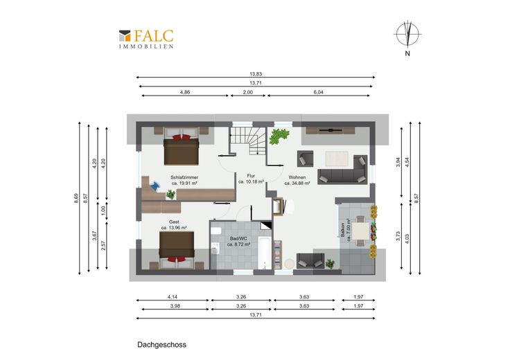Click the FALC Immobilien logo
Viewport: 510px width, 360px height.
click(146, 39)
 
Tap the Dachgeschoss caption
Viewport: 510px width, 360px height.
click(161, 345)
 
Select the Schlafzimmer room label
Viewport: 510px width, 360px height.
click(184, 180)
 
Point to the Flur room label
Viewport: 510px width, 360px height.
click(251, 179)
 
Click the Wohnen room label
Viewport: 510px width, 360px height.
click(297, 180)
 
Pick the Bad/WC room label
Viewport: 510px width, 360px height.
click(238, 241)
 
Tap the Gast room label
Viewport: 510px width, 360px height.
click(174, 225)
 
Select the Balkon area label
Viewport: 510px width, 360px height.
click(345, 232)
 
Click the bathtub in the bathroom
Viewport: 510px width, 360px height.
click(265, 253)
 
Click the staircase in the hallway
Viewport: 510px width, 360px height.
click(248, 141)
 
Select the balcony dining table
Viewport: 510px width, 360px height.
click(361, 231)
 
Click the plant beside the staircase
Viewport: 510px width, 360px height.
click(279, 136)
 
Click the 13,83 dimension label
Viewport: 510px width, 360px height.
click(256, 74)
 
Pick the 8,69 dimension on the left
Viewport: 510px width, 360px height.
click(76, 198)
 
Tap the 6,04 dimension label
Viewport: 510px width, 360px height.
click(319, 92)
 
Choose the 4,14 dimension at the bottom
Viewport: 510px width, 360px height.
click(173, 296)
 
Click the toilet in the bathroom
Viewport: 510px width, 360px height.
click(216, 231)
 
